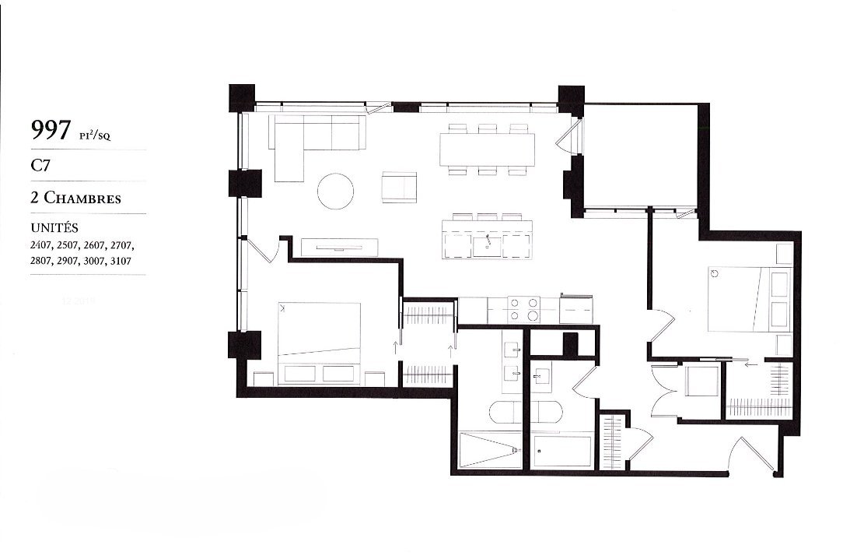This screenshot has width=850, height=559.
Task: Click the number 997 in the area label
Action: pyautogui.click(x=51, y=130)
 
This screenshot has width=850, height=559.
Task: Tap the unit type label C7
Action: pyautogui.click(x=40, y=166)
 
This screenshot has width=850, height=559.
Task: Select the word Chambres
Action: pyautogui.click(x=82, y=198)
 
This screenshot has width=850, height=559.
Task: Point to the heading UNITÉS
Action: pyautogui.click(x=54, y=227)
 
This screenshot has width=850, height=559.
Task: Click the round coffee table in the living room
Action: pyautogui.click(x=335, y=191)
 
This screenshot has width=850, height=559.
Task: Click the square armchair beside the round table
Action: pyautogui.click(x=400, y=187)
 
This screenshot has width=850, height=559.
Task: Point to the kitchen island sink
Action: pyautogui.click(x=486, y=245)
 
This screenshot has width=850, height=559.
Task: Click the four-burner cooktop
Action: pyautogui.click(x=523, y=309)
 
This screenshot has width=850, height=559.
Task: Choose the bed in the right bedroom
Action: pyautogui.click(x=749, y=298)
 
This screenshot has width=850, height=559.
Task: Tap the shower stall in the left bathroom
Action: pyautogui.click(x=490, y=449)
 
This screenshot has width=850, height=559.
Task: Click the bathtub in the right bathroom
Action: pyautogui.click(x=561, y=450)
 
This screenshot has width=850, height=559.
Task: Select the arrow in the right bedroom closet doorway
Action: pyautogui.click(x=750, y=364)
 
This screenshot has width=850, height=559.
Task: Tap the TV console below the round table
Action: pyautogui.click(x=340, y=247)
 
